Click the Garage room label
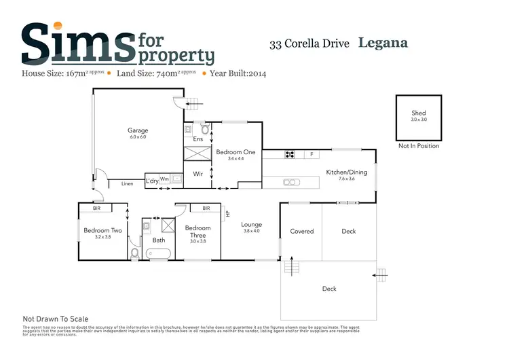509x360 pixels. click(x=138, y=130)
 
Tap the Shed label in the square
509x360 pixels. click(x=419, y=113)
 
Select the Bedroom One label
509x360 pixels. click(x=235, y=152)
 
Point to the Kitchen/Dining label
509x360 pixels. click(x=346, y=172)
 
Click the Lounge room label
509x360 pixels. click(x=251, y=225)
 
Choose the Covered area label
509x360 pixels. click(x=301, y=231)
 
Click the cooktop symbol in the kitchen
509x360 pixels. click(x=290, y=154)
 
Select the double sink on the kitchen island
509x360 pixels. click(x=290, y=181)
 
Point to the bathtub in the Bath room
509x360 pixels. click(x=159, y=254)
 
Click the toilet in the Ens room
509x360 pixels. click(x=204, y=128)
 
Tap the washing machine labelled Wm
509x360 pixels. click(x=165, y=179)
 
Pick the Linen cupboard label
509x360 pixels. click(x=127, y=183)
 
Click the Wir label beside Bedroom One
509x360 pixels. click(x=198, y=174)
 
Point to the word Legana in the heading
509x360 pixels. click(x=383, y=43)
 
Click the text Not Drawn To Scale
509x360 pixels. click(x=56, y=319)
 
